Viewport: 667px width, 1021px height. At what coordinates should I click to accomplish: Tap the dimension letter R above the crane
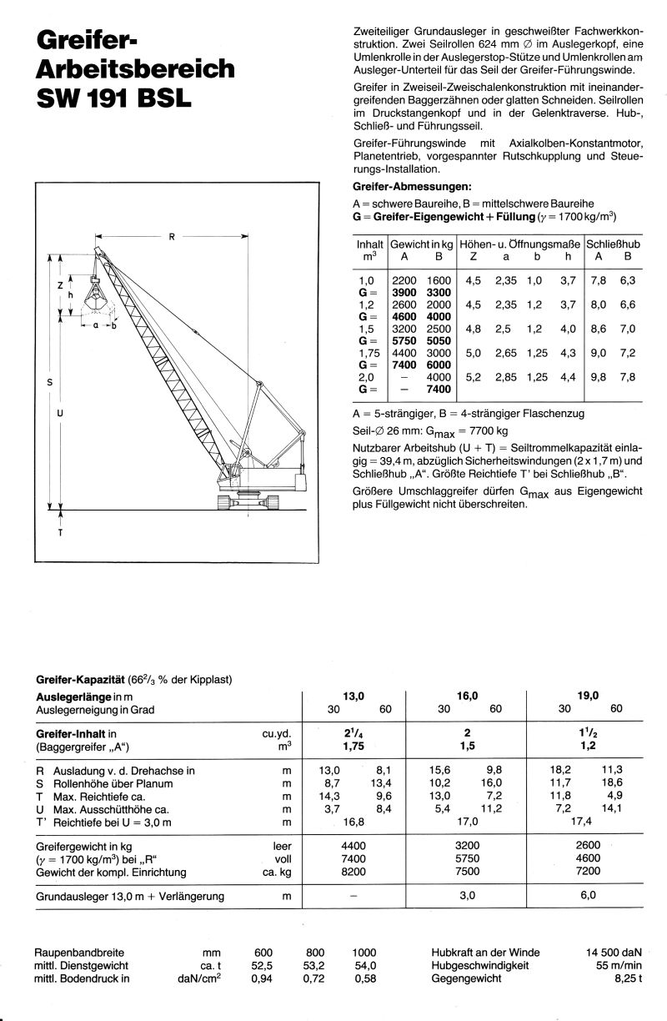(x=171, y=237)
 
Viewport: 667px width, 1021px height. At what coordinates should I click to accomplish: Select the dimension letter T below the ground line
(x=59, y=532)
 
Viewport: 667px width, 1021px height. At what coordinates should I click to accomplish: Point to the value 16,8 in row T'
(x=354, y=822)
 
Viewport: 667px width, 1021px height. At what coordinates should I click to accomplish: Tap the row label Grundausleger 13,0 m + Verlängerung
(x=130, y=897)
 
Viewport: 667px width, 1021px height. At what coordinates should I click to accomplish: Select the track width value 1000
(x=364, y=953)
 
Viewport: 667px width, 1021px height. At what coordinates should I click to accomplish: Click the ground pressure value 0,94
(x=263, y=979)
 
